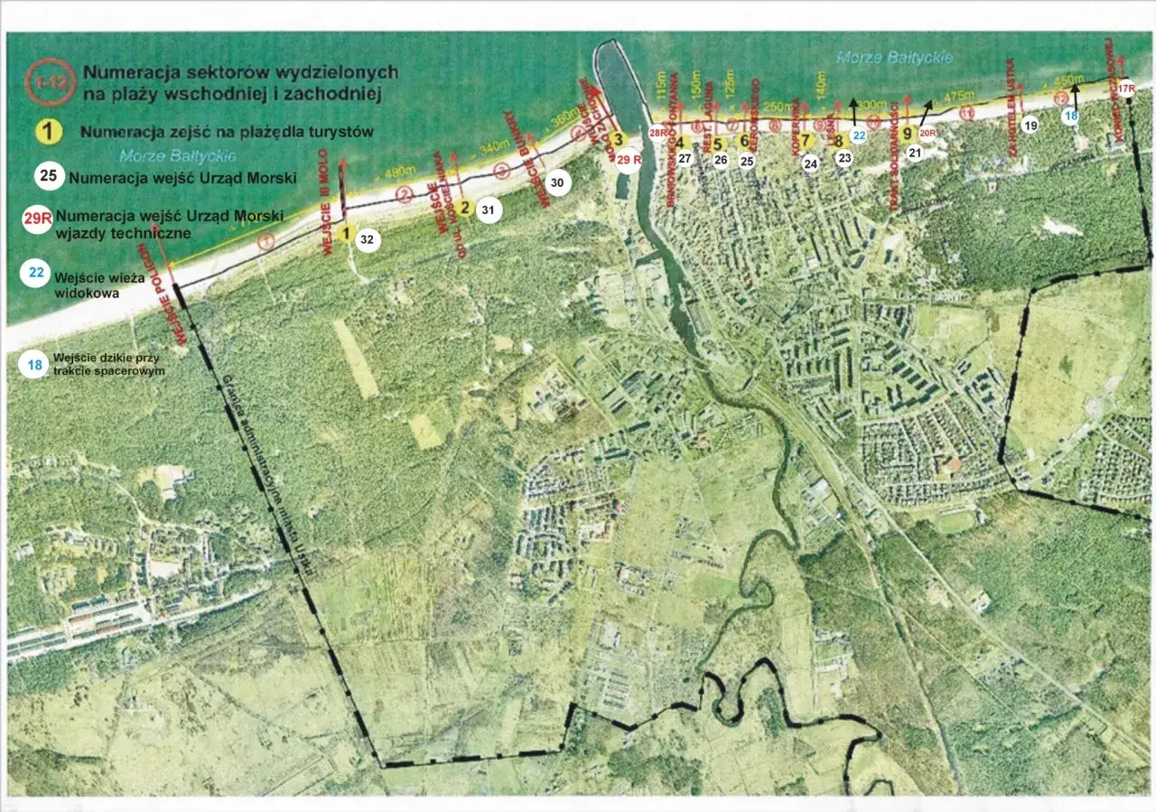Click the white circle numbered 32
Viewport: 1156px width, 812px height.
point(367,240)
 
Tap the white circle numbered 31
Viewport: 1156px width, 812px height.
point(488,210)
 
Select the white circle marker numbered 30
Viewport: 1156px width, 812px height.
point(557,183)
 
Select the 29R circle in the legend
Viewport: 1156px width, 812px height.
point(37,219)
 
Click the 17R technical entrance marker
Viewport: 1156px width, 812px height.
point(1125,88)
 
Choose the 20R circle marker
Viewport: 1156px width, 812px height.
point(927,133)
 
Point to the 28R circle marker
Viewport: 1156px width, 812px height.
point(658,133)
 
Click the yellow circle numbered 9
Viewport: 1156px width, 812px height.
point(906,134)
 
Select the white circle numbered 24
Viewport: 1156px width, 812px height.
point(810,163)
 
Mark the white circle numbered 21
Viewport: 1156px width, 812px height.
point(914,154)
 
